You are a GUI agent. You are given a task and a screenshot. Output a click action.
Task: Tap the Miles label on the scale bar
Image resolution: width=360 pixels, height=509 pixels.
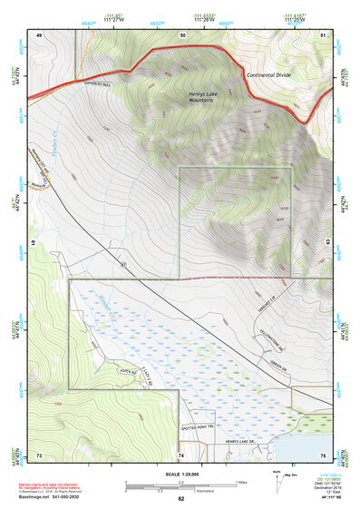pos(241,481)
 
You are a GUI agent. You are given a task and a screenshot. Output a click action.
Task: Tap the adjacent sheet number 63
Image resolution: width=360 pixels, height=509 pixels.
pos(326,243)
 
